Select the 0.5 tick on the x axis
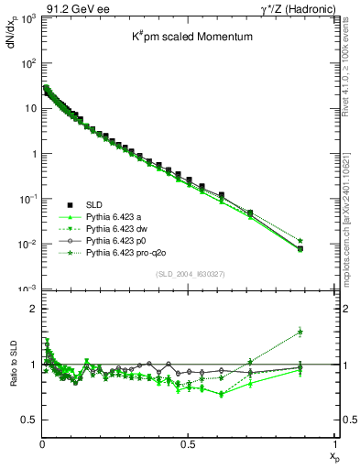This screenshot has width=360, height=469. tap(188, 445)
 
